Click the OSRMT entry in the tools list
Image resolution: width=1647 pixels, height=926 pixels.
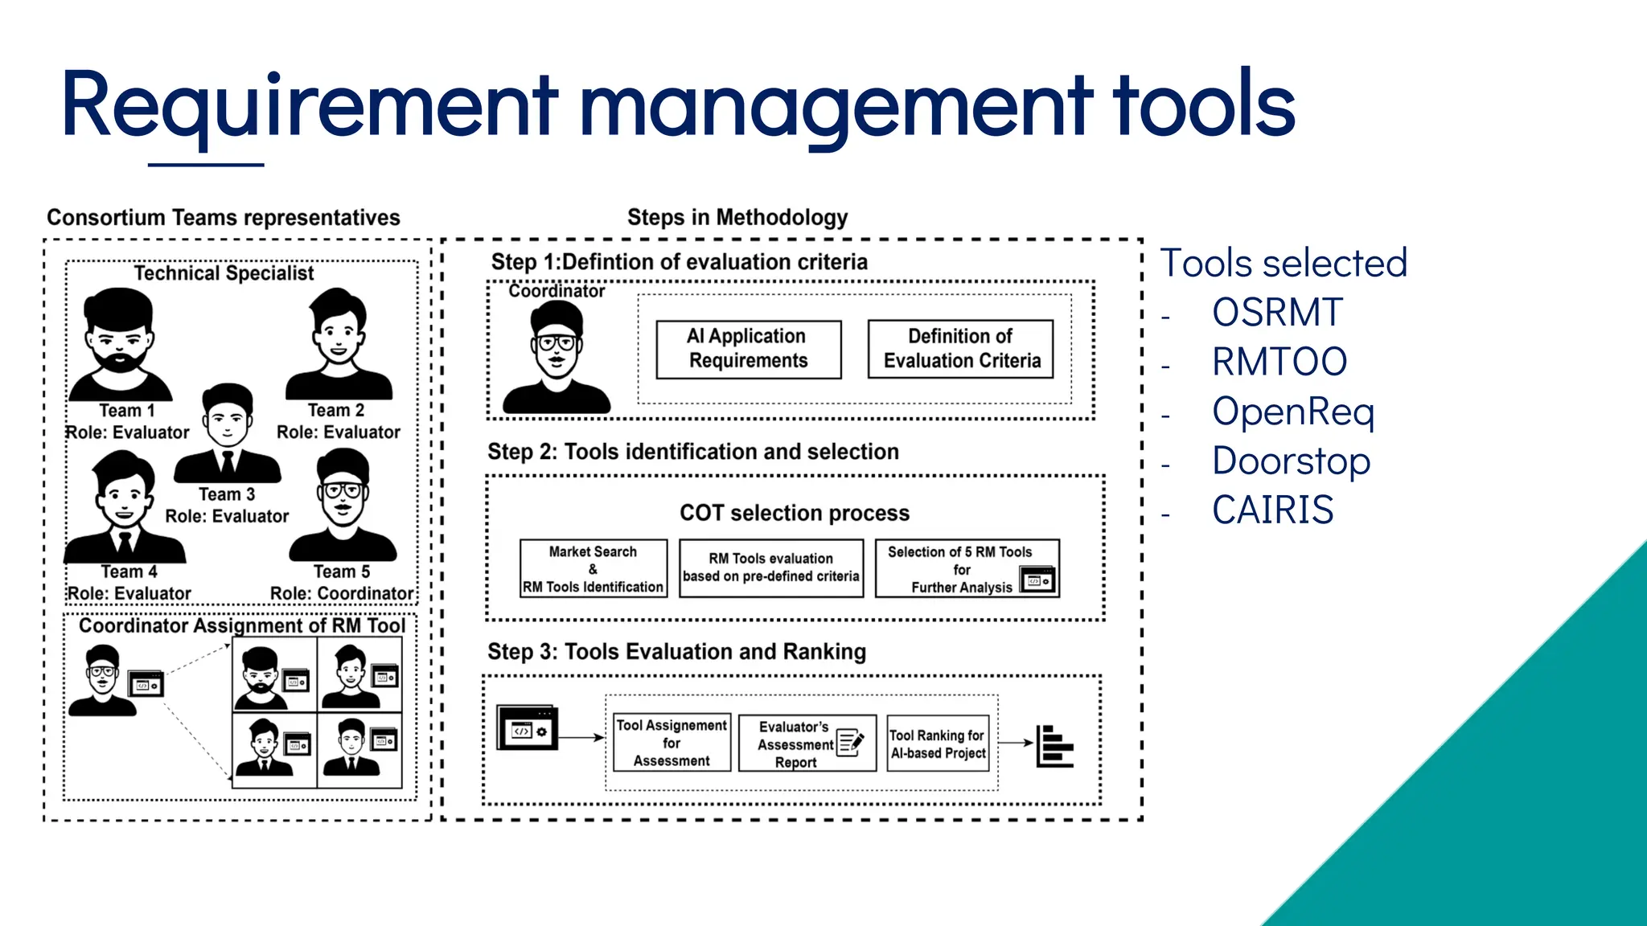1276,313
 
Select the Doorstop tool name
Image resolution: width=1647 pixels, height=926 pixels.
1290,461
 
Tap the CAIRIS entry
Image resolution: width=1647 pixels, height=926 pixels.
1272,510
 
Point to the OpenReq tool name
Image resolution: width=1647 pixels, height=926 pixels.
1292,412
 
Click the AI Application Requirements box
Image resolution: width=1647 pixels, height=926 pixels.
748,349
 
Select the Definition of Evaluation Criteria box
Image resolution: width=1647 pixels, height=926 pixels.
960,349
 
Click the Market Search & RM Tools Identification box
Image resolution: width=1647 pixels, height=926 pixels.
593,569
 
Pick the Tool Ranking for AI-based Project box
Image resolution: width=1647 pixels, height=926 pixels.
938,744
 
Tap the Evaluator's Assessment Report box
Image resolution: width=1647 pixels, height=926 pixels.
807,744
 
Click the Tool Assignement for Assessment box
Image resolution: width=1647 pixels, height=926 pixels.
672,743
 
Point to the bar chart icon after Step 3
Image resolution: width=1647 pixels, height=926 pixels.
1054,746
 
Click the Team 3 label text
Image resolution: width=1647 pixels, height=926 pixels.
227,494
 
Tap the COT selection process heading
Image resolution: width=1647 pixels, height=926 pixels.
794,513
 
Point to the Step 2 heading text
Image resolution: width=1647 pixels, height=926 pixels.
692,452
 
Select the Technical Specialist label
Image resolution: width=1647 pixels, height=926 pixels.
224,273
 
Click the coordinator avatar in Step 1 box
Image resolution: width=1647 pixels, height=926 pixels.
556,358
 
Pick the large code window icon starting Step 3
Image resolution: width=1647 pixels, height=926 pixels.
527,728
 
